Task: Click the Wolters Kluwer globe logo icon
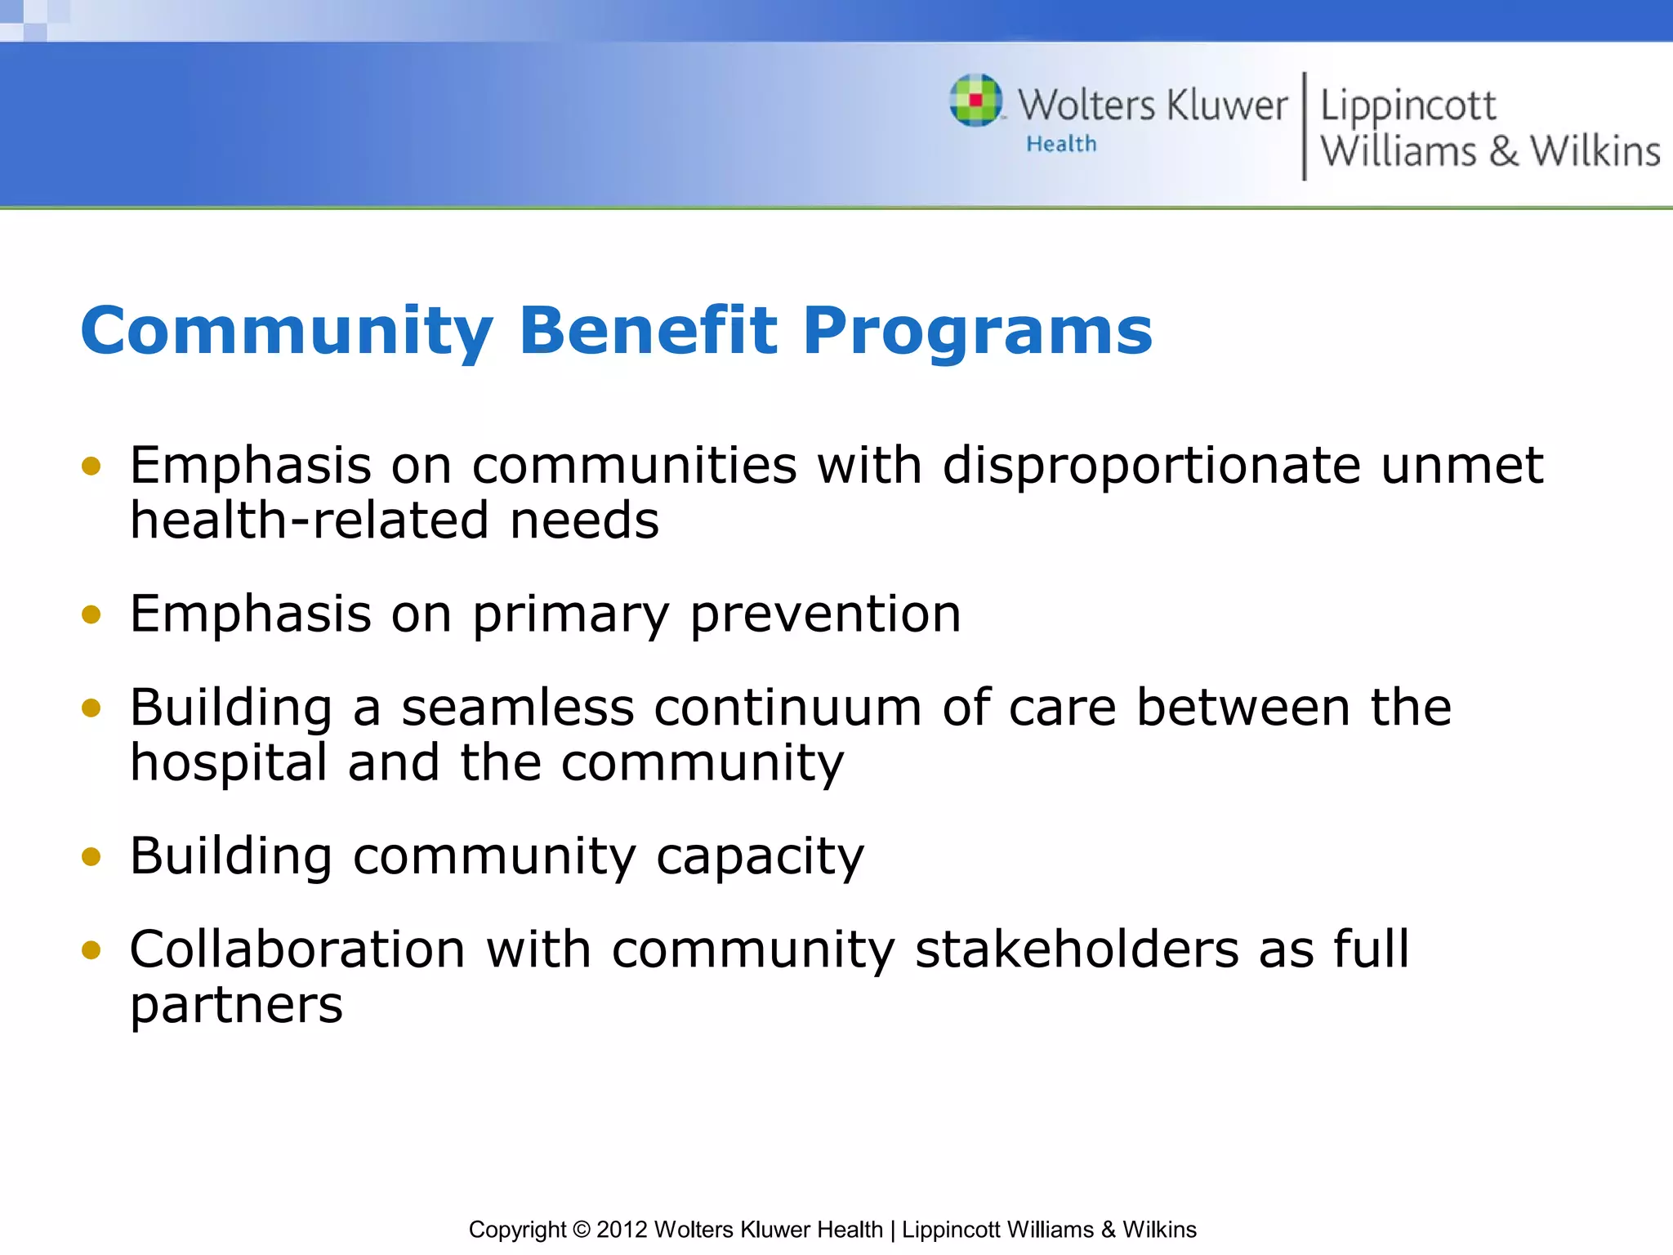pos(975,100)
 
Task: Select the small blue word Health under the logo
pos(1061,144)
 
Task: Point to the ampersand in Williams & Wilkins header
pos(1503,152)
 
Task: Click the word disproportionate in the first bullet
pos(1151,466)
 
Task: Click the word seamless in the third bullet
pos(517,708)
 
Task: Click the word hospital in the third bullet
pos(230,763)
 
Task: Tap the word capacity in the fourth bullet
pos(760,857)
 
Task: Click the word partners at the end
pos(236,1005)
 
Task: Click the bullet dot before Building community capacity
pos(91,857)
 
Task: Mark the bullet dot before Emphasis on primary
pos(91,614)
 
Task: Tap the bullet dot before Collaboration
pos(91,950)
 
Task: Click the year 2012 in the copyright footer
pos(622,1229)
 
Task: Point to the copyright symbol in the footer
pos(581,1229)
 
